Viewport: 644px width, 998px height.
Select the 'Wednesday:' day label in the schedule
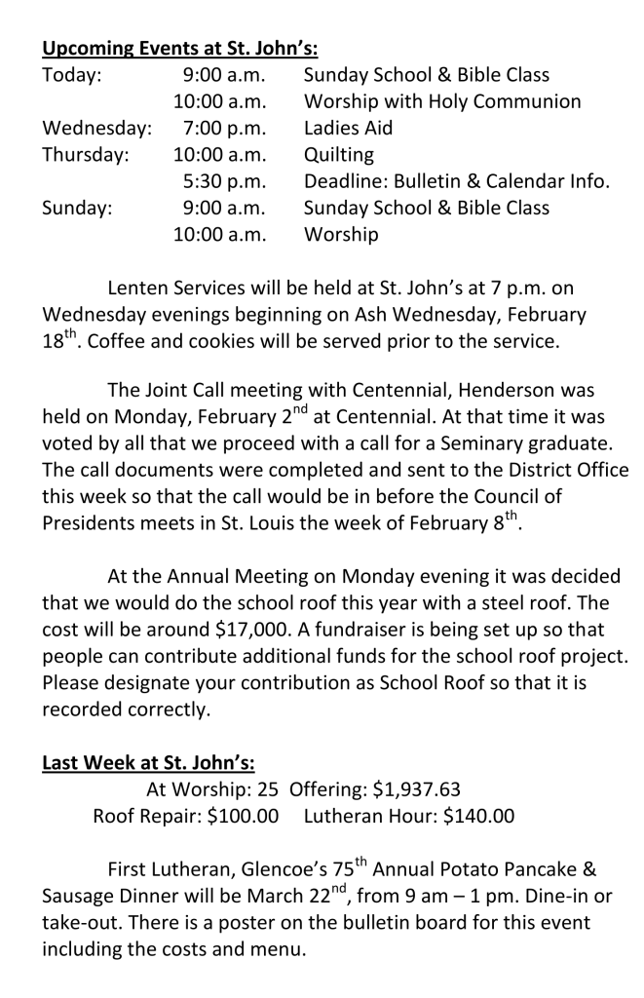point(95,129)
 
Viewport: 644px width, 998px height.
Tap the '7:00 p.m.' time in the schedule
point(224,129)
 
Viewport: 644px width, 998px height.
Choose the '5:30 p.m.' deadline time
point(224,181)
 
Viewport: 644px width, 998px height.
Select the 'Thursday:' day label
point(87,155)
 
